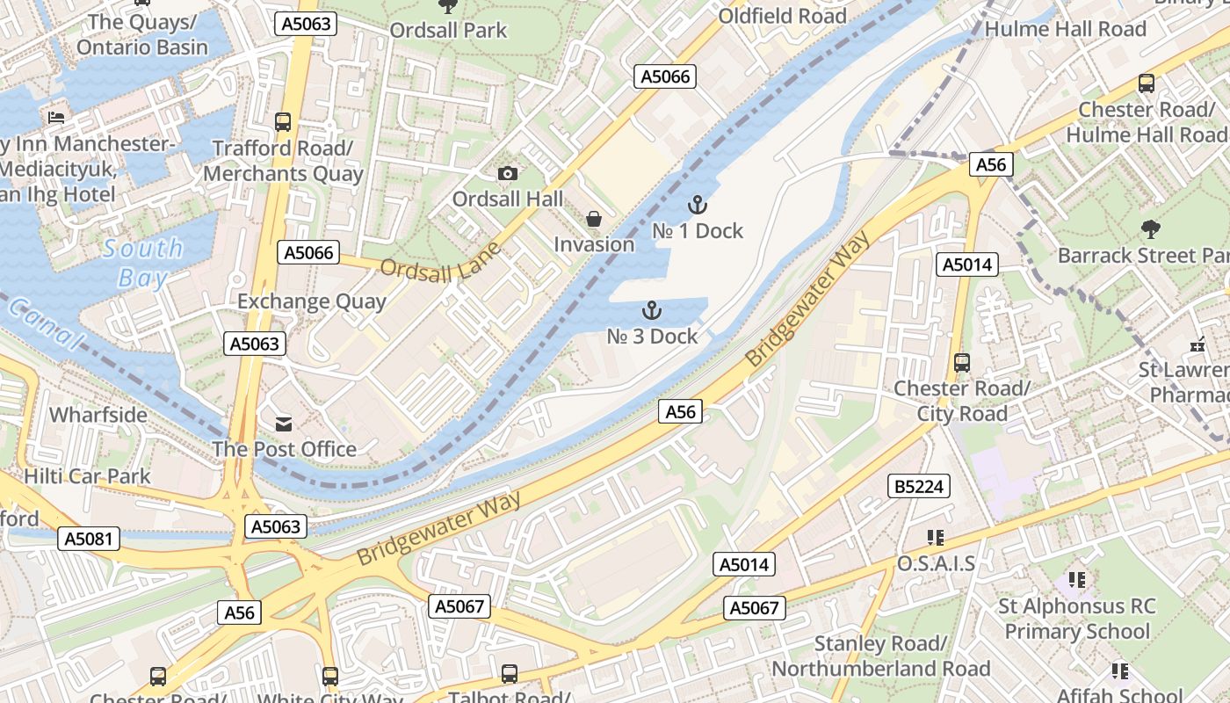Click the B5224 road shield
(x=919, y=486)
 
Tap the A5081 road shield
(x=90, y=538)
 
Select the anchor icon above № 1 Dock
(x=697, y=206)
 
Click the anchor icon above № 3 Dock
(x=651, y=310)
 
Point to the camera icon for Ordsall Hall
(x=507, y=174)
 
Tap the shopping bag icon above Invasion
(x=594, y=219)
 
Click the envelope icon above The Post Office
(x=284, y=424)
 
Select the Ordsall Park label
(x=448, y=30)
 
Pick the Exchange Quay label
(x=312, y=301)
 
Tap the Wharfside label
(x=98, y=414)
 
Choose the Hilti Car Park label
(x=87, y=476)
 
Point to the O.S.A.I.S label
(x=936, y=563)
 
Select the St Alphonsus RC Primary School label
(x=1076, y=619)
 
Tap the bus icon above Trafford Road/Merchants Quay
(x=282, y=122)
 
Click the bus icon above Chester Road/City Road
(x=962, y=362)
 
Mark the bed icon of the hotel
(x=56, y=117)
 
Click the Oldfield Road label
(x=782, y=16)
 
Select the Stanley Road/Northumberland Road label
(x=880, y=656)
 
